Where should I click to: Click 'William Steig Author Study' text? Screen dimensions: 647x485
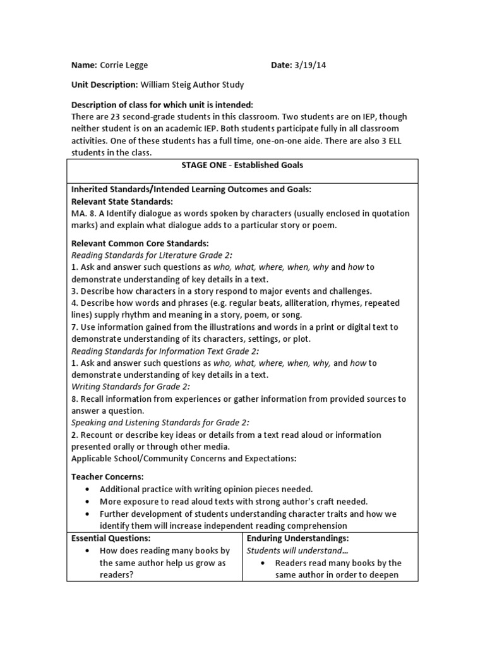192,84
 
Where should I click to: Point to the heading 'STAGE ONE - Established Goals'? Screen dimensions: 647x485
242,165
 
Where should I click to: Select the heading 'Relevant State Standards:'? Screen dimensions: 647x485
122,201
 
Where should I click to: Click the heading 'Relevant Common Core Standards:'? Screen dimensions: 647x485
140,243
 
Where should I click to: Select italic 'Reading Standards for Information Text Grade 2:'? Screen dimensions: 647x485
165,351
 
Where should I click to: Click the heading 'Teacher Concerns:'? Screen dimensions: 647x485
107,477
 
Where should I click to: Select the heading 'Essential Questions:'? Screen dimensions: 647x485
111,538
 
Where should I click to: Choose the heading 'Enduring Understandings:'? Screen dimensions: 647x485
297,538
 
